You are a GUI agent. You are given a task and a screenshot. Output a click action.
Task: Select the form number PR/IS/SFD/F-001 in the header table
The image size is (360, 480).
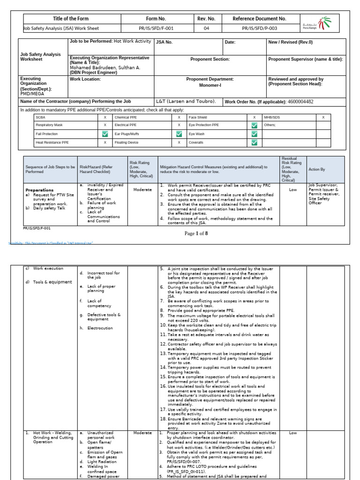[156, 28]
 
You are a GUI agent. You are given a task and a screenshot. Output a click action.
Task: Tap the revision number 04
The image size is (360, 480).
[206, 28]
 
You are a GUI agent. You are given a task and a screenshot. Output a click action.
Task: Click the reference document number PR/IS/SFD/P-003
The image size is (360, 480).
[259, 28]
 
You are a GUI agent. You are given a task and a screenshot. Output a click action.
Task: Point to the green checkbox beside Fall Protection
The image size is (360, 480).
[105, 134]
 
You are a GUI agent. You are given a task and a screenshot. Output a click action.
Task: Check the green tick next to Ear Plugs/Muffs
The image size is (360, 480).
[179, 134]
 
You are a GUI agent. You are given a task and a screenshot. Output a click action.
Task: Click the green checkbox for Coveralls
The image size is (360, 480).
[254, 142]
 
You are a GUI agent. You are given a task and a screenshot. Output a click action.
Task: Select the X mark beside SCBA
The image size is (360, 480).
[105, 117]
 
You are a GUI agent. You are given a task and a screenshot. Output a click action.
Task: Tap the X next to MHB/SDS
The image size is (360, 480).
[323, 117]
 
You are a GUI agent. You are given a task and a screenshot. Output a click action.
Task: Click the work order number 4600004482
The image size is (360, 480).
[300, 102]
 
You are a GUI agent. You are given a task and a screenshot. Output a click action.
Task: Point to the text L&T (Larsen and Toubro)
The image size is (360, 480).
[186, 101]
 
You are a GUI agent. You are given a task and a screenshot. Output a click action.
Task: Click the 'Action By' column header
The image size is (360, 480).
[317, 169]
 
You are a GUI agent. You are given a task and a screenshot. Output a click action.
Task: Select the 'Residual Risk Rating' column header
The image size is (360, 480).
[289, 169]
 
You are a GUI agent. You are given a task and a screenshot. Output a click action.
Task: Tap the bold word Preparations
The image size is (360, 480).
[39, 190]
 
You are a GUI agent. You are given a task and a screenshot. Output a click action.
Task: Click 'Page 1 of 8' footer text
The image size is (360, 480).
[196, 233]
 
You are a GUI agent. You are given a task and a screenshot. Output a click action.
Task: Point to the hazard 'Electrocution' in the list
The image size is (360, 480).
[100, 328]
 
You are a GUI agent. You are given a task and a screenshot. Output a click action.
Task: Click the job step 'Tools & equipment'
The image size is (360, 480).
[52, 282]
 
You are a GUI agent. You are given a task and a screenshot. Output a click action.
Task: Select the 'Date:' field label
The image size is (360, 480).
[230, 42]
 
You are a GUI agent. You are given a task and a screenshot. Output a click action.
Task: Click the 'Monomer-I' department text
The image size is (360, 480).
[210, 85]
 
